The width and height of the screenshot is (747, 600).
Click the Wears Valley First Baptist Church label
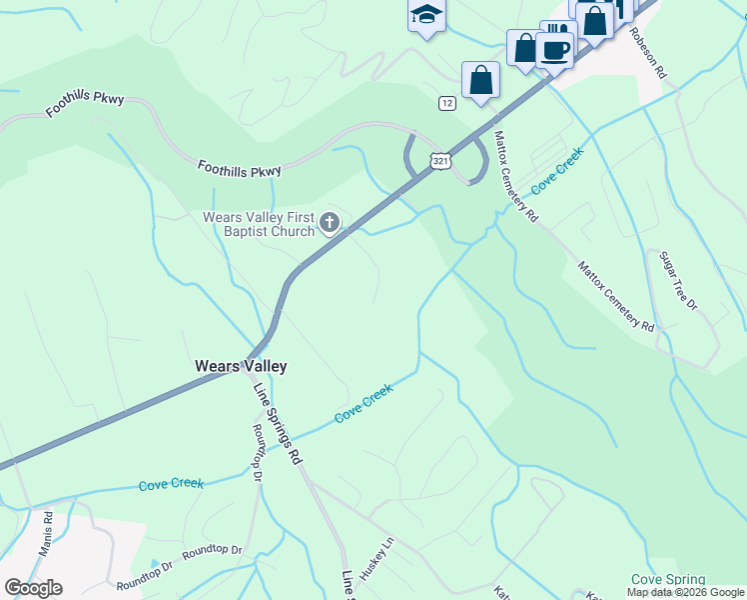(x=259, y=224)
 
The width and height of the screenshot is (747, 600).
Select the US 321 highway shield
(x=441, y=160)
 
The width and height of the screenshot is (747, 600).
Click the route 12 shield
(x=446, y=103)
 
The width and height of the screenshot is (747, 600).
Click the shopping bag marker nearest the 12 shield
(x=480, y=81)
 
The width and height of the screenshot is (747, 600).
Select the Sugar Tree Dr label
(x=677, y=280)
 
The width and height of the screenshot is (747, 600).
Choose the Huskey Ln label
(x=377, y=563)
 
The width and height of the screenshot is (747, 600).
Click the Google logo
(x=33, y=588)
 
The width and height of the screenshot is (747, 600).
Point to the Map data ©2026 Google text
(x=685, y=592)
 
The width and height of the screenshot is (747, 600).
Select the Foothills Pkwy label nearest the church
(x=239, y=170)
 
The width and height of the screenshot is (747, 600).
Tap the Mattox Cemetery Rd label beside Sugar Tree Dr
(x=615, y=297)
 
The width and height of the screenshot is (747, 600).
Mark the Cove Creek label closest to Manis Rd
(x=171, y=484)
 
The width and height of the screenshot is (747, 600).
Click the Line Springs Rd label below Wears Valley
(x=277, y=424)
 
